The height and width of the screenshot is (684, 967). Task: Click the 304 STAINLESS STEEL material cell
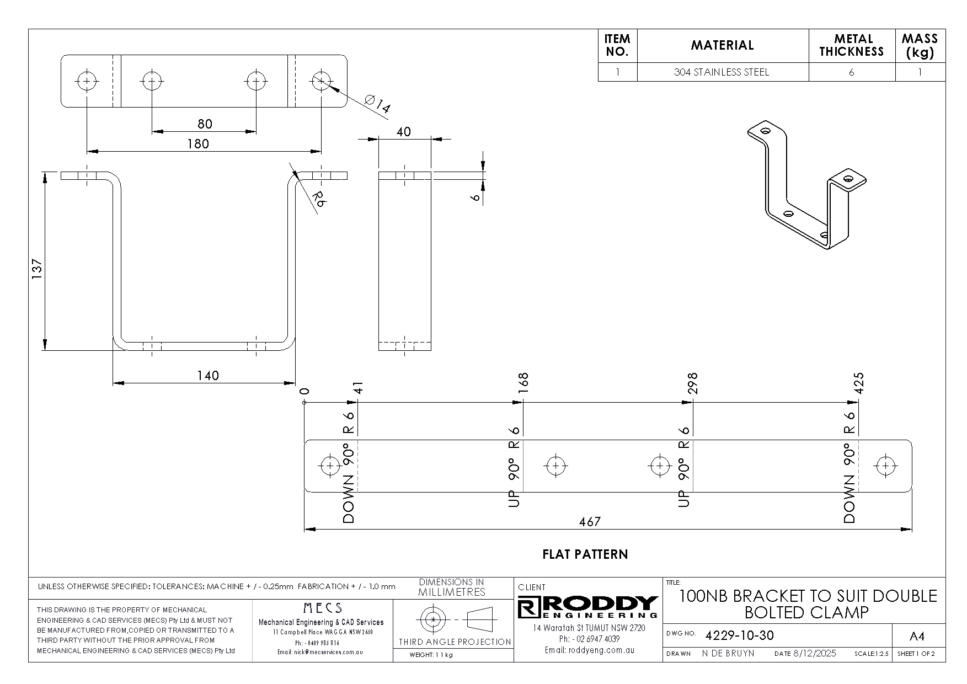click(721, 72)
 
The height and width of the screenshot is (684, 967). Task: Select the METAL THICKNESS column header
click(851, 45)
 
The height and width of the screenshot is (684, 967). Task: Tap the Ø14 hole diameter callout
click(378, 104)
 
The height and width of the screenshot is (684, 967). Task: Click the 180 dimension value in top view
click(198, 144)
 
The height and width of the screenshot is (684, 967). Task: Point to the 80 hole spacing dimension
click(204, 124)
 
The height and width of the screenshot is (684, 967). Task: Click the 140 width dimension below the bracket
click(208, 376)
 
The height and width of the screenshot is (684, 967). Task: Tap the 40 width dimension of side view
click(404, 132)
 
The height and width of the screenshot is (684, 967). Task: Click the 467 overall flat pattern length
click(590, 521)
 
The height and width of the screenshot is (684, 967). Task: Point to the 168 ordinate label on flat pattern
click(522, 383)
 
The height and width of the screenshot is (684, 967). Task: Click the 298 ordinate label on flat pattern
click(692, 383)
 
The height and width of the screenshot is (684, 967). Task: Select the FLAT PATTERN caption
click(585, 554)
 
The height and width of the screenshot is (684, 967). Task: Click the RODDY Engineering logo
click(589, 607)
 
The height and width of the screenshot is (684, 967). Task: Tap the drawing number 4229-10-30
click(739, 635)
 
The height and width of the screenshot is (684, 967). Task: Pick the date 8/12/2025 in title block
click(814, 654)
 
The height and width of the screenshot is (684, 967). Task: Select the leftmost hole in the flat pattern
click(330, 466)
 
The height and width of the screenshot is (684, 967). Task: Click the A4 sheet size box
click(916, 637)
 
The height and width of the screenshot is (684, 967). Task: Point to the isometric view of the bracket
click(806, 185)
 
